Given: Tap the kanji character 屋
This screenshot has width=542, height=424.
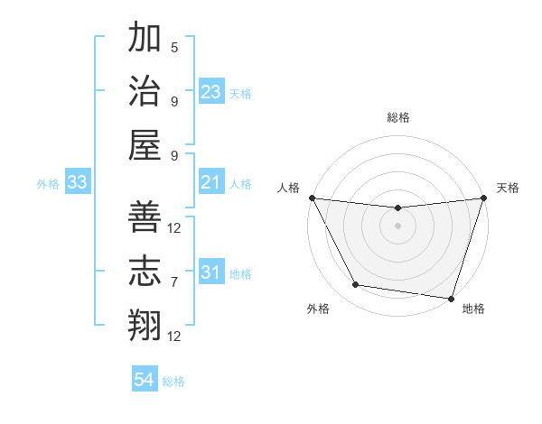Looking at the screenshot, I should tap(145, 145).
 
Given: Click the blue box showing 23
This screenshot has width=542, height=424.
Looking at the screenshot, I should tap(211, 92).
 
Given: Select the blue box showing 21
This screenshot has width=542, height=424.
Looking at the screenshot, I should tap(211, 183).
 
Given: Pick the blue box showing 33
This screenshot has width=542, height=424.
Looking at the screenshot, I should tap(78, 183).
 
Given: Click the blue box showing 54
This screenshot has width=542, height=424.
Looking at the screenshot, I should tap(145, 381).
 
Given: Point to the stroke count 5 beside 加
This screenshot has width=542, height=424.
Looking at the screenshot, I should tap(174, 47).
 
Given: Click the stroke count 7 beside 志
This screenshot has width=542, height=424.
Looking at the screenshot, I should tap(174, 282).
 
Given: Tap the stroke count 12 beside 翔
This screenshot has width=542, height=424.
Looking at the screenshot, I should tap(174, 336).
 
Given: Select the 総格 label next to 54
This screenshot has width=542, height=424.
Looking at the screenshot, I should tap(173, 382).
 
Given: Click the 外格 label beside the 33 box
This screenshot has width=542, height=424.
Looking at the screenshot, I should tap(48, 184).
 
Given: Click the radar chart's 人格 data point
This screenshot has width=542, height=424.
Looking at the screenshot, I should tap(312, 198).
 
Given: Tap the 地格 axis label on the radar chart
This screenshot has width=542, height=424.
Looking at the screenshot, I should tap(473, 309).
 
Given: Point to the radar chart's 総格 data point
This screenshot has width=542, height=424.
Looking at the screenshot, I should tap(397, 208).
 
